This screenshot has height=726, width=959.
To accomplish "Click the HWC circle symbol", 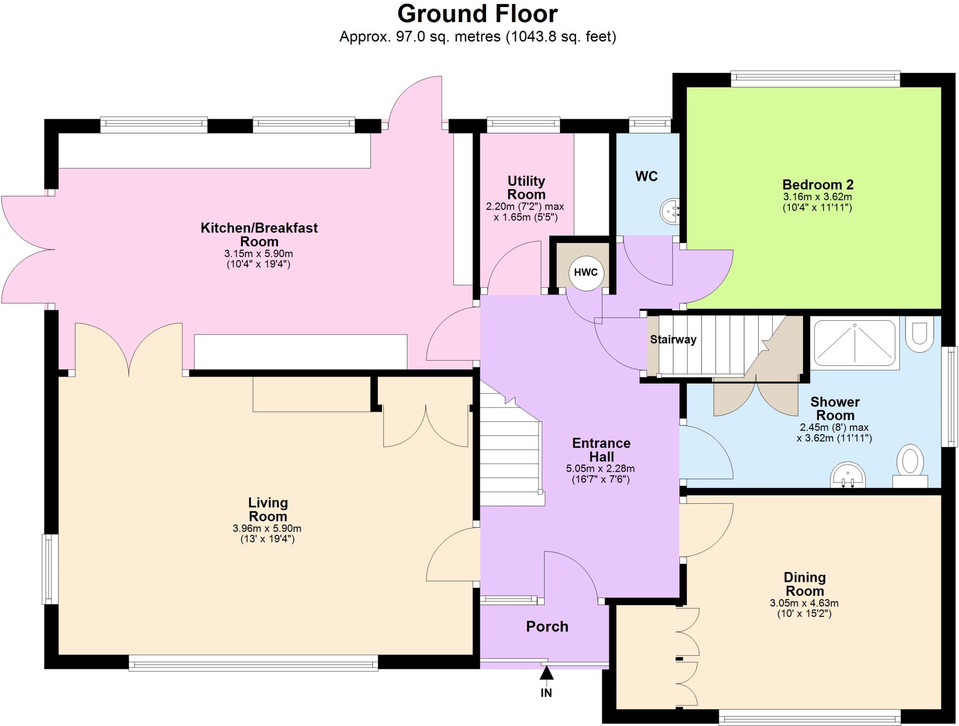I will click(586, 273).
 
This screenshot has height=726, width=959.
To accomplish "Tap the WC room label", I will click(646, 177).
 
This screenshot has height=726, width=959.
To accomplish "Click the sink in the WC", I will click(670, 212).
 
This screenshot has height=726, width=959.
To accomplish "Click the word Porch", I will click(547, 627).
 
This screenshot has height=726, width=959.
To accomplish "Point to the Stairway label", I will click(673, 340).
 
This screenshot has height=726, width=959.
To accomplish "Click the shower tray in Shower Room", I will click(855, 343).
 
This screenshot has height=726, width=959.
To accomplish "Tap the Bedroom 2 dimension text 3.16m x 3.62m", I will click(817, 197).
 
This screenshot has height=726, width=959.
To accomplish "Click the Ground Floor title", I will click(477, 14).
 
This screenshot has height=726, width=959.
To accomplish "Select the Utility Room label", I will click(526, 187).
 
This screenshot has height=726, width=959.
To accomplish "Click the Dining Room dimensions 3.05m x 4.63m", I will click(804, 603).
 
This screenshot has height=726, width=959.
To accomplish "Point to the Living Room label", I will click(268, 510).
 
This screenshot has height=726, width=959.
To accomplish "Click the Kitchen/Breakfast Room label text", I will click(259, 235).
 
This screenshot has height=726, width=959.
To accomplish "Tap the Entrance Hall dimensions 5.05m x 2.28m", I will click(600, 468).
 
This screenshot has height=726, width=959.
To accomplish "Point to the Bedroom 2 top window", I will click(815, 78).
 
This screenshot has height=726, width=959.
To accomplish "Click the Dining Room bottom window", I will click(809, 717).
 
